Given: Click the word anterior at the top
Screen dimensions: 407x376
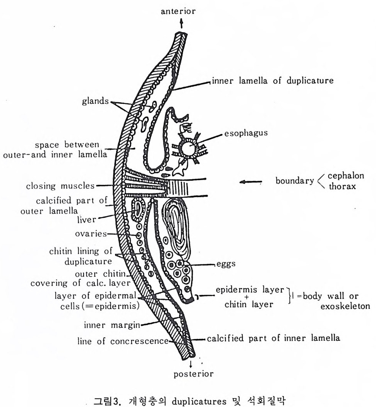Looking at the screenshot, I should click(x=178, y=11).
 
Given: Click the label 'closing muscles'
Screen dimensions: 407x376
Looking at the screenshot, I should click(x=60, y=186).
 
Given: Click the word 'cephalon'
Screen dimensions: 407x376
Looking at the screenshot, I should click(x=346, y=176).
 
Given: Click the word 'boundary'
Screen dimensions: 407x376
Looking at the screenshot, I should click(x=294, y=181).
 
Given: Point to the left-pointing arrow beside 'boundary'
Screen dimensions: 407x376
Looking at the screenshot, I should click(x=250, y=181).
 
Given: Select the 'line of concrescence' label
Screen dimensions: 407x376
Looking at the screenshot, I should click(x=123, y=341).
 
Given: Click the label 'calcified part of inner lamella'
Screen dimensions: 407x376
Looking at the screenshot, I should click(x=273, y=338).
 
